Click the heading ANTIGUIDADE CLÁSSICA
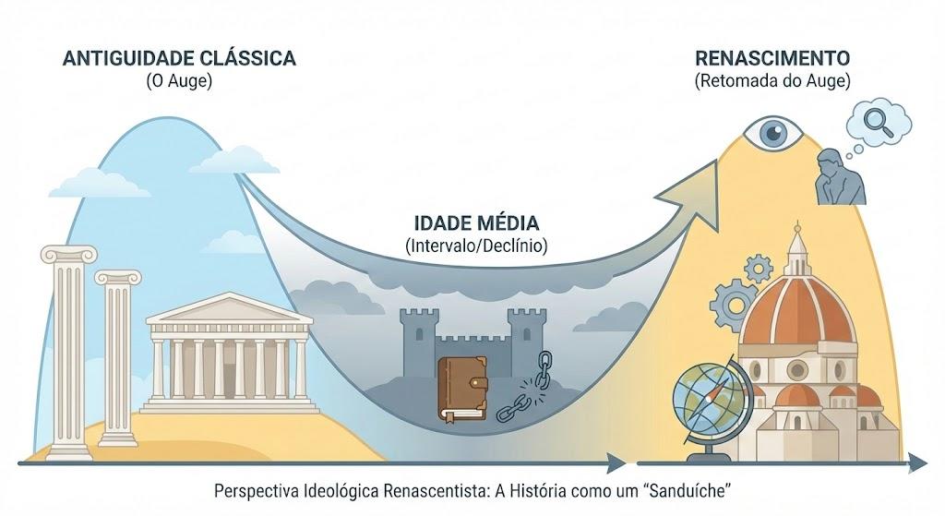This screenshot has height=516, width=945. coord(180,58)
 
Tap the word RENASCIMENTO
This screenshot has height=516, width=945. coord(772,58)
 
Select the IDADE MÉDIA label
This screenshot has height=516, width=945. coord(476,223)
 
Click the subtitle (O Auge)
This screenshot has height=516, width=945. coord(180,81)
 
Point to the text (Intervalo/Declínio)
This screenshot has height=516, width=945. coord(476,246)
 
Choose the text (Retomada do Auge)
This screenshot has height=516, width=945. coord(772,81)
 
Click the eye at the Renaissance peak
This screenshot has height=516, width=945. coord(772,133)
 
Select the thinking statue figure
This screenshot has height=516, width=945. coord(840,177)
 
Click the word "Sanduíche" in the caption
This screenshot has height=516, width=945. coord(688,491)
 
